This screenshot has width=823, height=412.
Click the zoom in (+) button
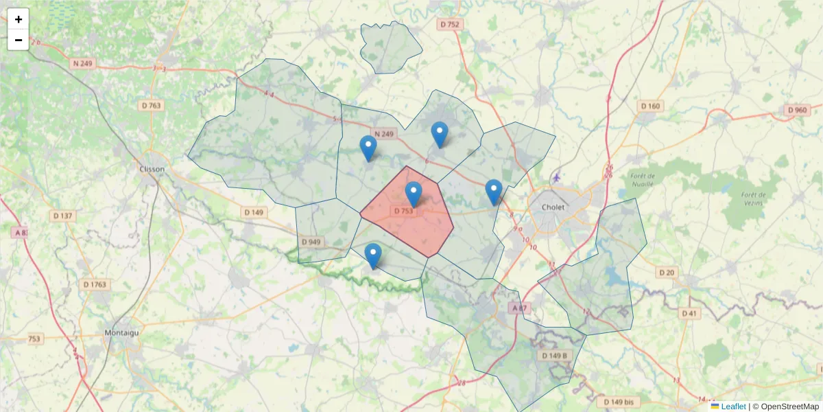coord(19,19)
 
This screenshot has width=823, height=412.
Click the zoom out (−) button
coord(19,40)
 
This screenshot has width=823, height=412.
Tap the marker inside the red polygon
coord(413,194)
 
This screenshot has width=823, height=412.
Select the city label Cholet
coord(553,206)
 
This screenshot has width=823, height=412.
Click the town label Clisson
coord(151,169)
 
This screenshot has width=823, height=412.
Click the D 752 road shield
coord(450,24)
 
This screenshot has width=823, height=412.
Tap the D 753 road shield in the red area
coord(403,211)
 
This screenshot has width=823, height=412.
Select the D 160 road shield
coord(650,106)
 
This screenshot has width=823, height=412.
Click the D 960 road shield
coord(797,110)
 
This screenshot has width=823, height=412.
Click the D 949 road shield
coord(311,242)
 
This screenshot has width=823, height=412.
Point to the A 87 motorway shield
coord(521,308)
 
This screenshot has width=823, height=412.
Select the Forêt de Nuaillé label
coord(643,180)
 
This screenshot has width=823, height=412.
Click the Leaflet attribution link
coord(732,407)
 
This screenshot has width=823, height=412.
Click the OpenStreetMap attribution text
coord(789,407)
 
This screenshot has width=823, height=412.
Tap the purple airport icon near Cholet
coord(555,178)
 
